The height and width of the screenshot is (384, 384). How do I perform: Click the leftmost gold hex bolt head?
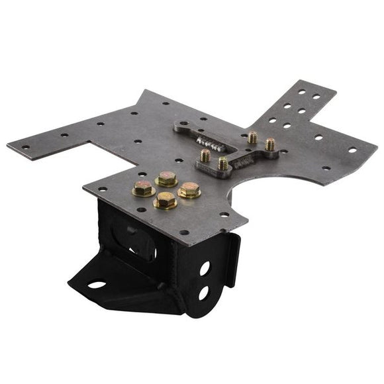click(143, 189)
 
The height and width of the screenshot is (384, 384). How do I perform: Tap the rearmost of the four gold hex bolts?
click(167, 178)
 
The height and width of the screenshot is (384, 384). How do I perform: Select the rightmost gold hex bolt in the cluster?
click(189, 189)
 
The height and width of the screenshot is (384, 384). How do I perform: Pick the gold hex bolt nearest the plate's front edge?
click(166, 201)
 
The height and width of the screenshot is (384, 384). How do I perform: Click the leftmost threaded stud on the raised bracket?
click(205, 156)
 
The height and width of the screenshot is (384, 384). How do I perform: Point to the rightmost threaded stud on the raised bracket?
click(270, 144)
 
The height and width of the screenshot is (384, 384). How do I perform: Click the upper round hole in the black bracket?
click(205, 267)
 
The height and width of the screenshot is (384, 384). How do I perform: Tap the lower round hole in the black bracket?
click(204, 292)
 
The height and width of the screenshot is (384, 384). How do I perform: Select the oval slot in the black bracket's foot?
click(97, 285)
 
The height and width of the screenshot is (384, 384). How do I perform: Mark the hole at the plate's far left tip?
click(25, 147)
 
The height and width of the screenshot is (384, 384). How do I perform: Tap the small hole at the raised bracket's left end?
click(183, 124)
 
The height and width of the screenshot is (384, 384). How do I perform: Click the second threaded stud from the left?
click(223, 163)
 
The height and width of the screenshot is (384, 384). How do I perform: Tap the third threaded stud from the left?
click(252, 138)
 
